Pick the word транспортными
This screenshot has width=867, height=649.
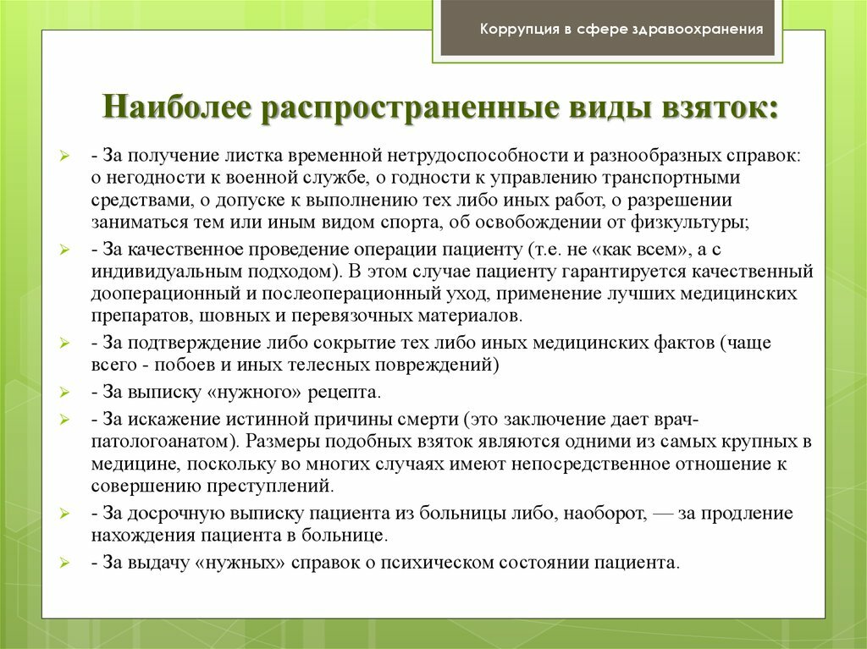pos(671,178)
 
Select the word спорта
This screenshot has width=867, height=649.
pos(406,223)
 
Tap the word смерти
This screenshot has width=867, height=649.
pos(428,419)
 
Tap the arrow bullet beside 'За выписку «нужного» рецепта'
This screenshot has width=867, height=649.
pos(64,393)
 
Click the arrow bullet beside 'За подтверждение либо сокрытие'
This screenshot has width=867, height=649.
pos(64,344)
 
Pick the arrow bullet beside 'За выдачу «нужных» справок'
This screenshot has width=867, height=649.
pos(64,564)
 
